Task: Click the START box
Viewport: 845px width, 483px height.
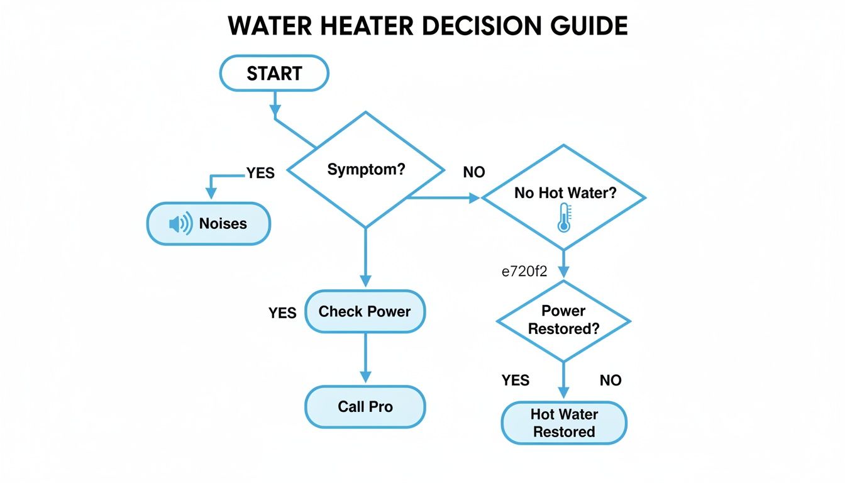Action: coord(273,74)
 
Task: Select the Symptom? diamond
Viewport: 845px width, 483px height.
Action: coord(365,170)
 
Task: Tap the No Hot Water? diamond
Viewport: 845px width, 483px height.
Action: coord(563,197)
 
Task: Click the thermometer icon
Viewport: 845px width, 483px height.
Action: coord(563,218)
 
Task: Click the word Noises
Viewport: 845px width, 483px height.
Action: coord(223,224)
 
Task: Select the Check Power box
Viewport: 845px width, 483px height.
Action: coord(365,311)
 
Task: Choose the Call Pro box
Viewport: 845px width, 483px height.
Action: coord(365,407)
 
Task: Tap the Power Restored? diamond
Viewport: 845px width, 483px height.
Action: coord(563,320)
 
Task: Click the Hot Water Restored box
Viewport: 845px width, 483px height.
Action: coord(563,423)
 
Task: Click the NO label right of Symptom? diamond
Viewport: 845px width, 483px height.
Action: coord(473,172)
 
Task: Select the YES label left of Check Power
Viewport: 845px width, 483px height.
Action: coord(282,313)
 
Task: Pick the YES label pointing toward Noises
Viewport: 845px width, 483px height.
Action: coord(260,174)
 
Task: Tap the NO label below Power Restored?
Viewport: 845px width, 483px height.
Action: coord(610,380)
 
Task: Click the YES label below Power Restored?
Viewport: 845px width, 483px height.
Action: coord(516,380)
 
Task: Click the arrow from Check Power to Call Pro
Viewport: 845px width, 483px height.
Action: coord(365,358)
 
